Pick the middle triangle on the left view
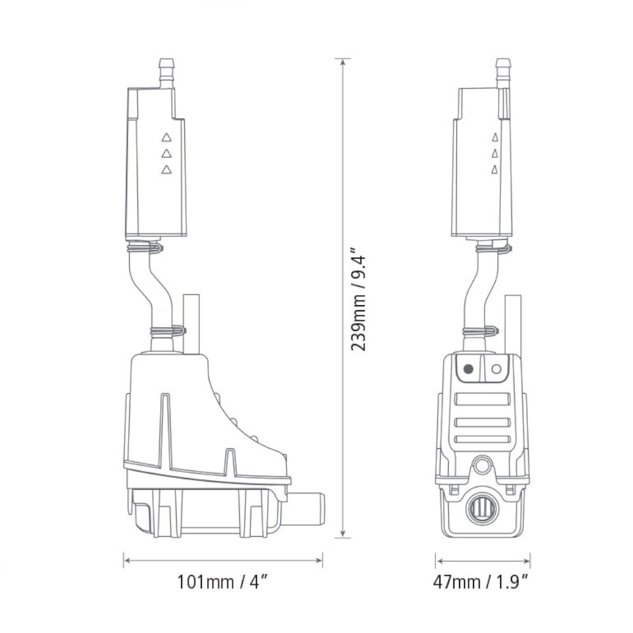(x=166, y=153)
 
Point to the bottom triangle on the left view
(x=166, y=169)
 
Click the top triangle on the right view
(x=494, y=136)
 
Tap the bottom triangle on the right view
(x=494, y=169)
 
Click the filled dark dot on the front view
(x=468, y=368)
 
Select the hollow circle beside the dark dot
(x=496, y=368)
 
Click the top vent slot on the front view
(x=482, y=399)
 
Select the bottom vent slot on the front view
(x=482, y=439)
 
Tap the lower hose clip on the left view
(x=167, y=330)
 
